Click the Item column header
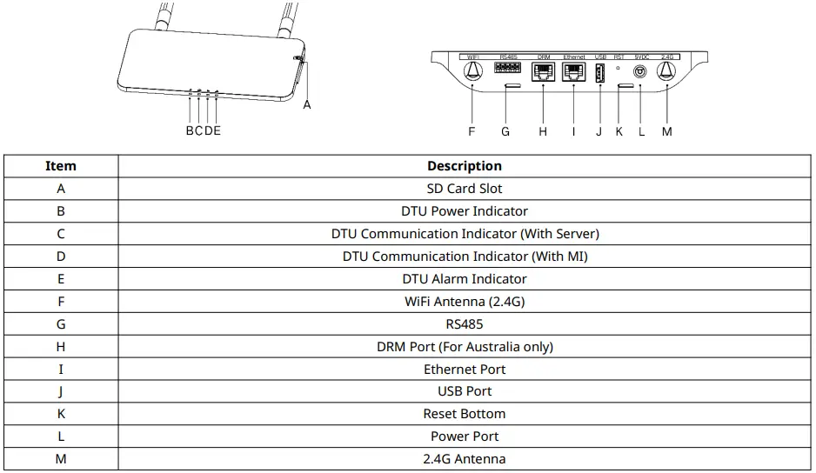(61, 166)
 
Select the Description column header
(465, 166)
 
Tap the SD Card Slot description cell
(465, 189)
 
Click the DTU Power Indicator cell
(465, 211)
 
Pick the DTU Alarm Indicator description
(465, 279)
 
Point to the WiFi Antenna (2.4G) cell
(465, 302)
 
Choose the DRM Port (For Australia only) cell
(465, 347)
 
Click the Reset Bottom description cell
(465, 414)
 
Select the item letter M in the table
(61, 459)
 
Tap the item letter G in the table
(61, 324)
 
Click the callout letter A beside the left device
(306, 105)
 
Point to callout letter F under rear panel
(472, 132)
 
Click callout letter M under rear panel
(667, 132)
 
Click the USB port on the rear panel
(599, 73)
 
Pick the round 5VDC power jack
(641, 72)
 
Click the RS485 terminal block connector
(507, 67)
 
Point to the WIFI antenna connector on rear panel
(472, 72)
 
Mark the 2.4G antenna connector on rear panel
(667, 72)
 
